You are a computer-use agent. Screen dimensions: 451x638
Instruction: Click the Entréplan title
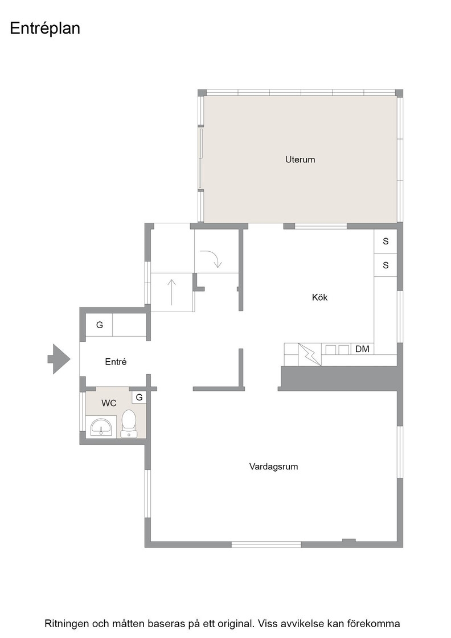coord(45,28)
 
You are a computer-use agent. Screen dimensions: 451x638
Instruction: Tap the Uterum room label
coord(300,159)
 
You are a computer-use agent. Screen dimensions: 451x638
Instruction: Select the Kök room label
coord(319,297)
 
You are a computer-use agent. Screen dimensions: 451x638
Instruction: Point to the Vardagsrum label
coord(274,467)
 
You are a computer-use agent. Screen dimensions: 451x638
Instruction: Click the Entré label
coord(116,362)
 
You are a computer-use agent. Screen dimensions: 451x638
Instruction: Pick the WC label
coord(109,403)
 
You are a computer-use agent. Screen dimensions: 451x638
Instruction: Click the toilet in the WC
coord(129,423)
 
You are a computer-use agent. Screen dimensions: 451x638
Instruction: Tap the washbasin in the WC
coord(101,427)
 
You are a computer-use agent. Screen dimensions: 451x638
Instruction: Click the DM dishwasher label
coord(362,349)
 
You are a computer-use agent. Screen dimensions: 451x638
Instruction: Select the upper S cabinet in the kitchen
coord(386,242)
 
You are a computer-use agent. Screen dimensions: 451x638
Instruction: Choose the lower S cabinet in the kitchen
coord(386,265)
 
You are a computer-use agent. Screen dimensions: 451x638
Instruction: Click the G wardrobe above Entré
coord(99,325)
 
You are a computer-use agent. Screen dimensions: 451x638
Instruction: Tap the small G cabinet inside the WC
coord(139,397)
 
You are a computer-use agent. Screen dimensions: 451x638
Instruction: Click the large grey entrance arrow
coord(59,359)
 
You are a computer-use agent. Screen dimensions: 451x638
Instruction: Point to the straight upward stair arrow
coord(172,292)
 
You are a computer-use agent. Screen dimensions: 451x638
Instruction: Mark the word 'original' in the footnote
coord(234,624)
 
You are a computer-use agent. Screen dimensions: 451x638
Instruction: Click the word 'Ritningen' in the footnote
coord(66,624)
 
